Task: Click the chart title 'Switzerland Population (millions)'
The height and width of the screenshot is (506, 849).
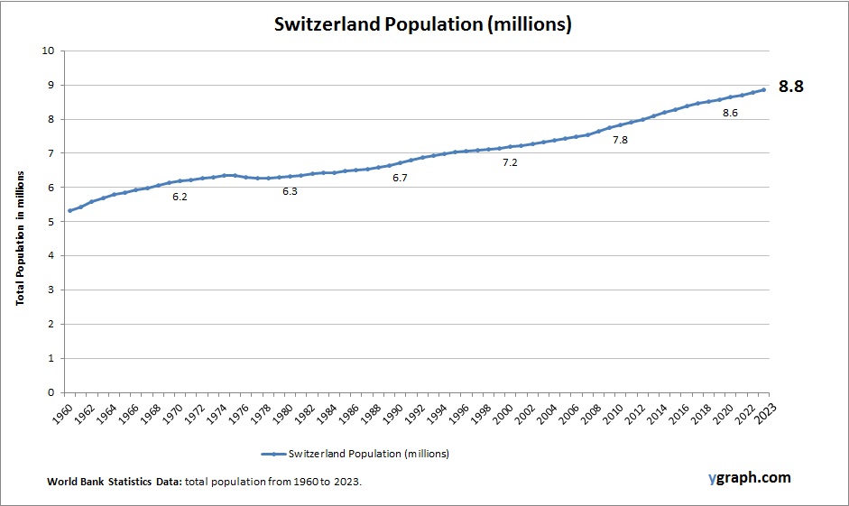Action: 423,24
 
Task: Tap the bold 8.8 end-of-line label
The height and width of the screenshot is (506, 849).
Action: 790,87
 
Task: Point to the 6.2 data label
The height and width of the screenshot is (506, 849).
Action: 180,197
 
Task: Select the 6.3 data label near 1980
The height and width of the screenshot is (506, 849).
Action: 290,191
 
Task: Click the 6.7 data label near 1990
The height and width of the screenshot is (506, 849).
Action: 400,178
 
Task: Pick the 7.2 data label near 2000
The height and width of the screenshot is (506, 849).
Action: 510,162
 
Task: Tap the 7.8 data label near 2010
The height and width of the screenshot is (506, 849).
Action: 620,140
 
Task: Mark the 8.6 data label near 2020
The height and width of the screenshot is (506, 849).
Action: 730,113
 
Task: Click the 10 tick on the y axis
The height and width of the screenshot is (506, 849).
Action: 48,51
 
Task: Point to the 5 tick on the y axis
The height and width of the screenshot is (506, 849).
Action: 51,222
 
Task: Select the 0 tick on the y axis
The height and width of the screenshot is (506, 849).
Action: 51,392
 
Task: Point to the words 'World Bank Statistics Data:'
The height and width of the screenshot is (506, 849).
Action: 115,483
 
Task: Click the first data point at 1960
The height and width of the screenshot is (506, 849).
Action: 69,211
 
